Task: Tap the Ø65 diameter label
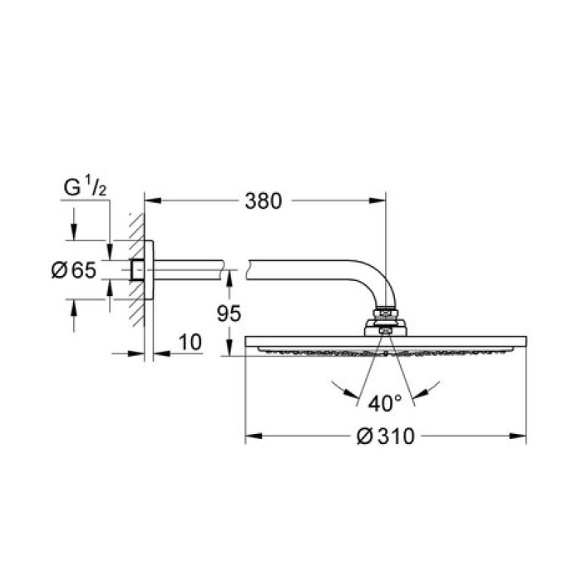pyautogui.click(x=73, y=269)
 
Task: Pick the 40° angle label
pyautogui.click(x=385, y=403)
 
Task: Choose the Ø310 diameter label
pyautogui.click(x=386, y=436)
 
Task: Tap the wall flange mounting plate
pyautogui.click(x=150, y=269)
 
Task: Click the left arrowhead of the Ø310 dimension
pyautogui.click(x=252, y=436)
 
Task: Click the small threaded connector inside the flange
pyautogui.click(x=136, y=269)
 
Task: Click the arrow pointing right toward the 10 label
pyautogui.click(x=136, y=353)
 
